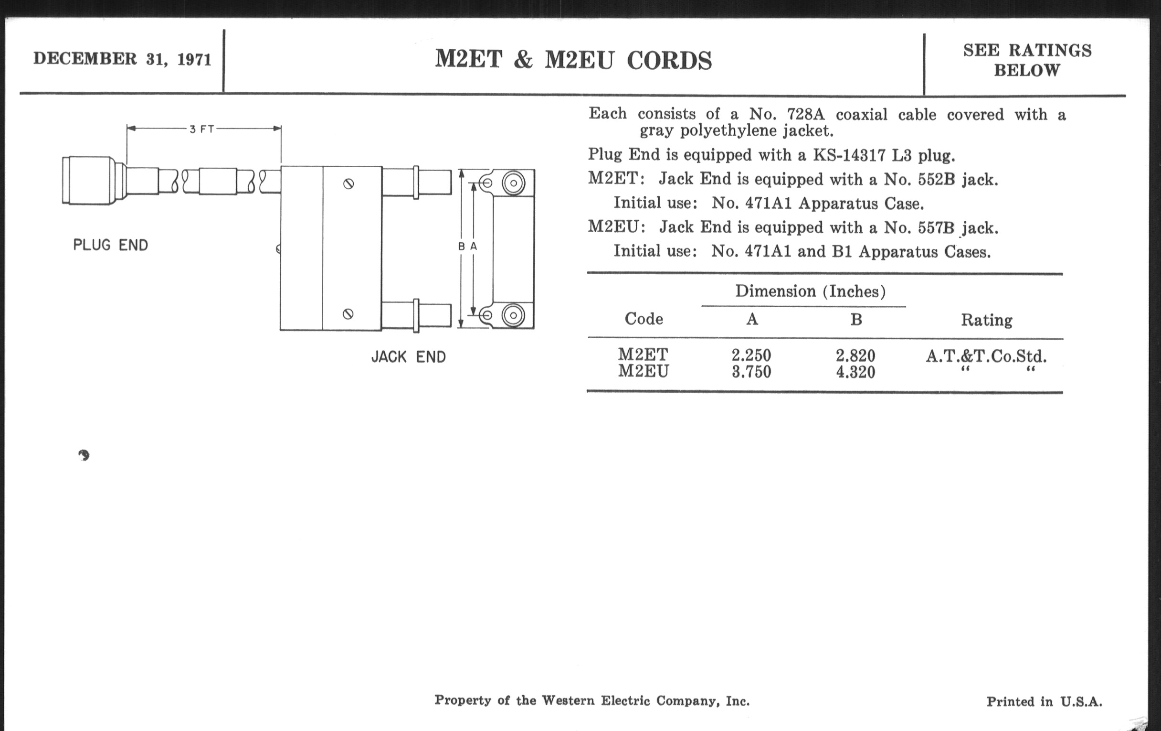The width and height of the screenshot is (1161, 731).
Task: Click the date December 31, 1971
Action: click(123, 59)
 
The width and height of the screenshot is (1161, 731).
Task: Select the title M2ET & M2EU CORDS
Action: click(573, 60)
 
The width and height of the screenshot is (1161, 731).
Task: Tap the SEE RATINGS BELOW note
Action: click(1027, 60)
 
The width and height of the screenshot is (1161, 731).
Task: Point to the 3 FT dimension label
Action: click(202, 129)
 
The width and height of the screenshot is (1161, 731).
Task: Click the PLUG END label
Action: click(110, 245)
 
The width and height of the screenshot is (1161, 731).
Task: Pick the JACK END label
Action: click(408, 357)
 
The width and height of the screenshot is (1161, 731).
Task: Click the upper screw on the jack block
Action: click(348, 184)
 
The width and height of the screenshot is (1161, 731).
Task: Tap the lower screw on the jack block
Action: click(348, 314)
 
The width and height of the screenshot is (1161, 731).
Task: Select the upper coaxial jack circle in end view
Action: click(514, 183)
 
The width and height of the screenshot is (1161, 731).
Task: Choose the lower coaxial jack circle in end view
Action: click(514, 315)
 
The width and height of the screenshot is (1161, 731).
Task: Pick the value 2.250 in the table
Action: click(751, 355)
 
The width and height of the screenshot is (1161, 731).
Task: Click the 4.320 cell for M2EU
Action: click(855, 372)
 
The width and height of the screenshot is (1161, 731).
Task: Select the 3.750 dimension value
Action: click(751, 372)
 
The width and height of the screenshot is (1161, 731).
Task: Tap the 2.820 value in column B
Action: click(855, 355)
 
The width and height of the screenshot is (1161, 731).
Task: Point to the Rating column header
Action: click(986, 320)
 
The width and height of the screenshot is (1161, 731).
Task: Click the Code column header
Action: click(644, 319)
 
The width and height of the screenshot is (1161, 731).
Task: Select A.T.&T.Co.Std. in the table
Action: click(986, 356)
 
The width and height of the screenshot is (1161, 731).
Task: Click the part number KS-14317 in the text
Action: click(849, 155)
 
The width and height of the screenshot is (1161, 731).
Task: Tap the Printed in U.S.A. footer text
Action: click(1045, 701)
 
